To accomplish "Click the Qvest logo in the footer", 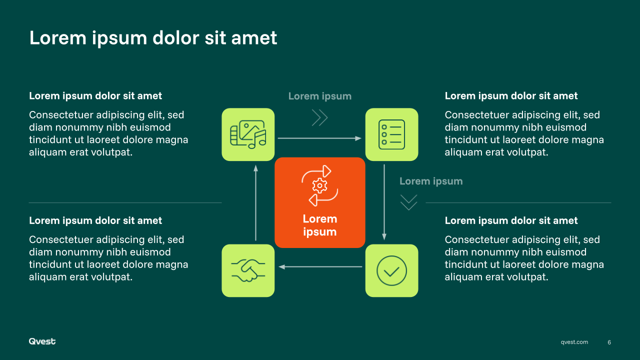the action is tap(42, 341).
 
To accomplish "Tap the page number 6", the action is tap(609, 342).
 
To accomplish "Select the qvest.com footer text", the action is tap(574, 342).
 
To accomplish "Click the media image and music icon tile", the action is tap(248, 134).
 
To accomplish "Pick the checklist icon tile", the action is tap(391, 134).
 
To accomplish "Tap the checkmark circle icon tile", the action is tap(391, 270).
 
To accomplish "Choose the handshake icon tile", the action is tap(248, 270).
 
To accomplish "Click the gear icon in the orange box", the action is tap(319, 186).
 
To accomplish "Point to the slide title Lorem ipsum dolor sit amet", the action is tap(153, 38).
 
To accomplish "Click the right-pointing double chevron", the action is tap(319, 117).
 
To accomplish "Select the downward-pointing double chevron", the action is tap(408, 202).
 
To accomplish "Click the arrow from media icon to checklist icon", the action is tap(319, 138).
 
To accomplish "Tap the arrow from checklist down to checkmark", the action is tap(384, 202).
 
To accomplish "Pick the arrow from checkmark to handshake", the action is tap(320, 267).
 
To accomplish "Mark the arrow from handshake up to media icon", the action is tap(255, 203).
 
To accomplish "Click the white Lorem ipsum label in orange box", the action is tap(320, 225).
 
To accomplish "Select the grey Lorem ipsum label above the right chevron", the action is tap(320, 96).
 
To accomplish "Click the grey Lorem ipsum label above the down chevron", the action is tap(431, 181).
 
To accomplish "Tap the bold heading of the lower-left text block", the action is tap(95, 220).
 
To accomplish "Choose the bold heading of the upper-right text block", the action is tap(511, 96).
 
